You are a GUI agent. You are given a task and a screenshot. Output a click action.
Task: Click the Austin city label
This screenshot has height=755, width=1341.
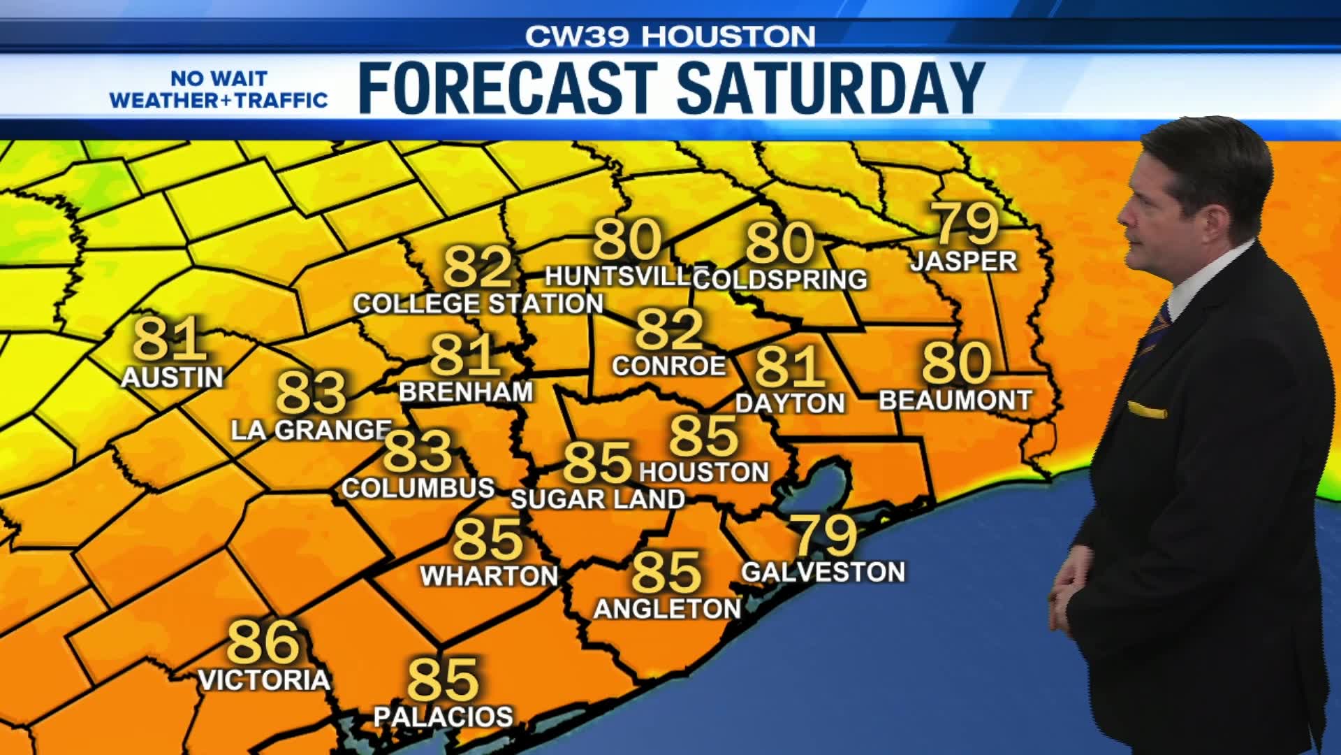[x=172, y=377]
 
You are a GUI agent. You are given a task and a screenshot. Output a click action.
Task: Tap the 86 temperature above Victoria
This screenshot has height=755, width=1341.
[x=263, y=642]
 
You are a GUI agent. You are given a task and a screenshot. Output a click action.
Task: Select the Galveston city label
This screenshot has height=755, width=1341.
[x=823, y=572]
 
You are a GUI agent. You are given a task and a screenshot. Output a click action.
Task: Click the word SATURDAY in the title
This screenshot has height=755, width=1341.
[x=830, y=87]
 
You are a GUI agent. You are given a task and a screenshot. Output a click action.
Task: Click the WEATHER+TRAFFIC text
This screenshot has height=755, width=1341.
[x=219, y=100]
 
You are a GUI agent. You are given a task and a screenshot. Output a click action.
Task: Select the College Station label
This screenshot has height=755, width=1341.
[x=478, y=303]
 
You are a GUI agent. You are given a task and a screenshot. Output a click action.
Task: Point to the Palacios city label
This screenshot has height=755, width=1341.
[x=444, y=717]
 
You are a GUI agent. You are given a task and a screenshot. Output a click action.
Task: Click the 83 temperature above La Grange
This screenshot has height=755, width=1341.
[x=312, y=392]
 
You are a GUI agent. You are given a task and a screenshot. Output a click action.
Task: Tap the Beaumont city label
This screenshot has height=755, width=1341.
[x=955, y=401]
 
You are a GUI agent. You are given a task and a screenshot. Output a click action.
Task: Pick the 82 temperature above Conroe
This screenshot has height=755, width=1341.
[x=668, y=330]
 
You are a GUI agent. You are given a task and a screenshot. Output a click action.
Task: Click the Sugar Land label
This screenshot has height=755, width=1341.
[x=598, y=499]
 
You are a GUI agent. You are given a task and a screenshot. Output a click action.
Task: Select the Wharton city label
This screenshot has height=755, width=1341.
[x=489, y=576]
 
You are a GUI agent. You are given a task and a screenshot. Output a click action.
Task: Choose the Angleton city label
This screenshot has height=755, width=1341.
[x=667, y=609]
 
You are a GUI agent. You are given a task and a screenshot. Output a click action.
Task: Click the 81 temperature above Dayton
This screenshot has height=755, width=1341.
[x=789, y=367]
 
